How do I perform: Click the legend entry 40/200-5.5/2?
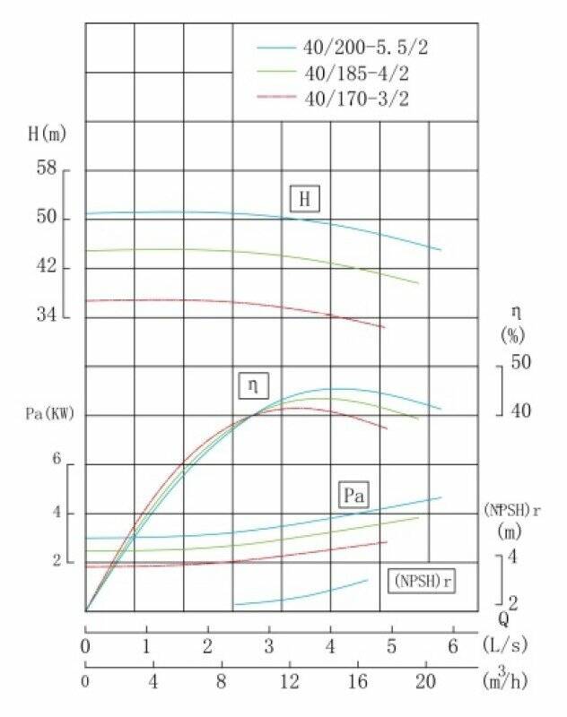pyautogui.click(x=359, y=46)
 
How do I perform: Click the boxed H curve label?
pyautogui.click(x=305, y=199)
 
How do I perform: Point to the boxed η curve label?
pyautogui.click(x=253, y=386)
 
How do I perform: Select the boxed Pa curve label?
pyautogui.click(x=355, y=495)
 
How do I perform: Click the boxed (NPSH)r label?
pyautogui.click(x=422, y=581)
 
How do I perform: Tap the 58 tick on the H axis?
pyautogui.click(x=47, y=168)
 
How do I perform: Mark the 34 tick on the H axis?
pyautogui.click(x=47, y=315)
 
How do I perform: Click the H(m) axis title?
pyautogui.click(x=47, y=134)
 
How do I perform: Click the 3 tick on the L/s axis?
pyautogui.click(x=269, y=646)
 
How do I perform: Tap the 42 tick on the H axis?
pyautogui.click(x=47, y=266)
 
